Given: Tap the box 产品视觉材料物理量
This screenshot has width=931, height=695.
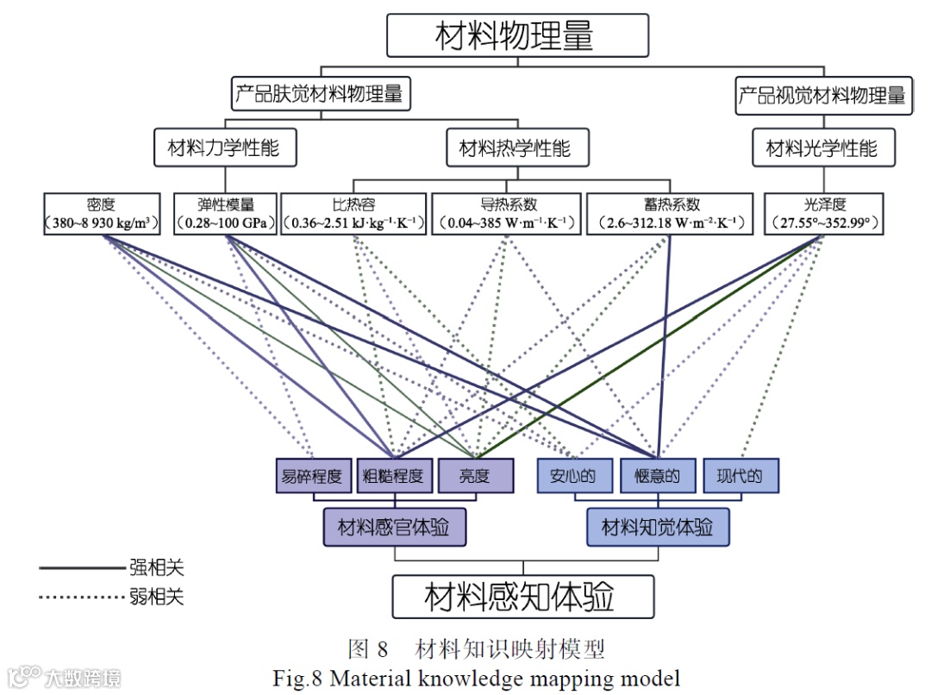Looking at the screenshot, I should (x=822, y=95).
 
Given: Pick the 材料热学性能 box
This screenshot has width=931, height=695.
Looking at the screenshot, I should (x=515, y=148).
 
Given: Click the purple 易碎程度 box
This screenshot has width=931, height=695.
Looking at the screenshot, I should (x=313, y=476).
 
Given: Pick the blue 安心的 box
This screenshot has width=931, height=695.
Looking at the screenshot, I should (x=573, y=476).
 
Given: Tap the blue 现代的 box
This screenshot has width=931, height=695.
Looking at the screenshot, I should (x=740, y=476).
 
